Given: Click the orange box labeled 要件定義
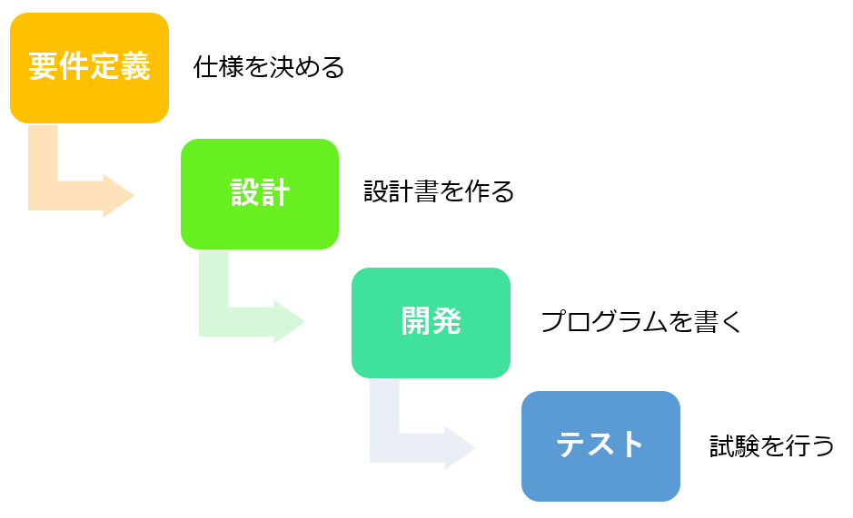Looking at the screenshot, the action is tap(89, 68).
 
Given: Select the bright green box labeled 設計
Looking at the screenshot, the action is tap(260, 194).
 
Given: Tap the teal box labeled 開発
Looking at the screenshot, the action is tap(431, 323).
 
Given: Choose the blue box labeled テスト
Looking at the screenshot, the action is tap(600, 446).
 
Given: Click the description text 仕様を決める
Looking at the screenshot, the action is tap(269, 67).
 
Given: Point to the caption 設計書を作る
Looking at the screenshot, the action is tap(439, 191).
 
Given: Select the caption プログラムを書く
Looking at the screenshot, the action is tap(641, 321).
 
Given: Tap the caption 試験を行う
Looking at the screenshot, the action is tap(771, 445).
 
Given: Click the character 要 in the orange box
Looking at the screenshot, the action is tap(44, 66).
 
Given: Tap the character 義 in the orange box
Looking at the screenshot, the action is tap(135, 66).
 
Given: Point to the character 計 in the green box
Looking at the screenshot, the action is tap(275, 192).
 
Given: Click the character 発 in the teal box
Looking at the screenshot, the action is tap(447, 321).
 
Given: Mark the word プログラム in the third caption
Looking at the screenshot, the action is tap(603, 321).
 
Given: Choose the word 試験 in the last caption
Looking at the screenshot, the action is tap(734, 445).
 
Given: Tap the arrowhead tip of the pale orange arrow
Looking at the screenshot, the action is tap(134, 195).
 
